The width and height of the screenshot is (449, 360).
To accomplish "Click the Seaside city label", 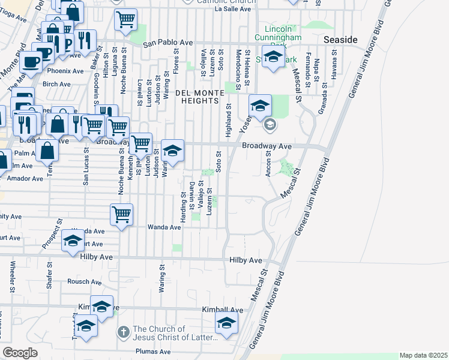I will (x=340, y=39).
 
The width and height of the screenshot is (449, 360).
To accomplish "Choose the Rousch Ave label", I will (x=79, y=281).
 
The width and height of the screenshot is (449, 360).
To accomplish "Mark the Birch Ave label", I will (x=56, y=84).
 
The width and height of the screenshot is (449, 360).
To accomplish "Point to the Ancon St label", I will (x=268, y=163).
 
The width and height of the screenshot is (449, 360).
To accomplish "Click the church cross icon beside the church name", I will (x=123, y=331).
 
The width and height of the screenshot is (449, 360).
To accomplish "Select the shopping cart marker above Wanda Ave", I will (x=122, y=214).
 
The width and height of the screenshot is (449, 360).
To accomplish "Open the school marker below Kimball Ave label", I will (x=226, y=323).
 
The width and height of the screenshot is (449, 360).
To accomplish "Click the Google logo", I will (x=20, y=353).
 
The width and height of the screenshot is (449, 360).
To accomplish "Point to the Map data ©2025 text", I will (x=423, y=355).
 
